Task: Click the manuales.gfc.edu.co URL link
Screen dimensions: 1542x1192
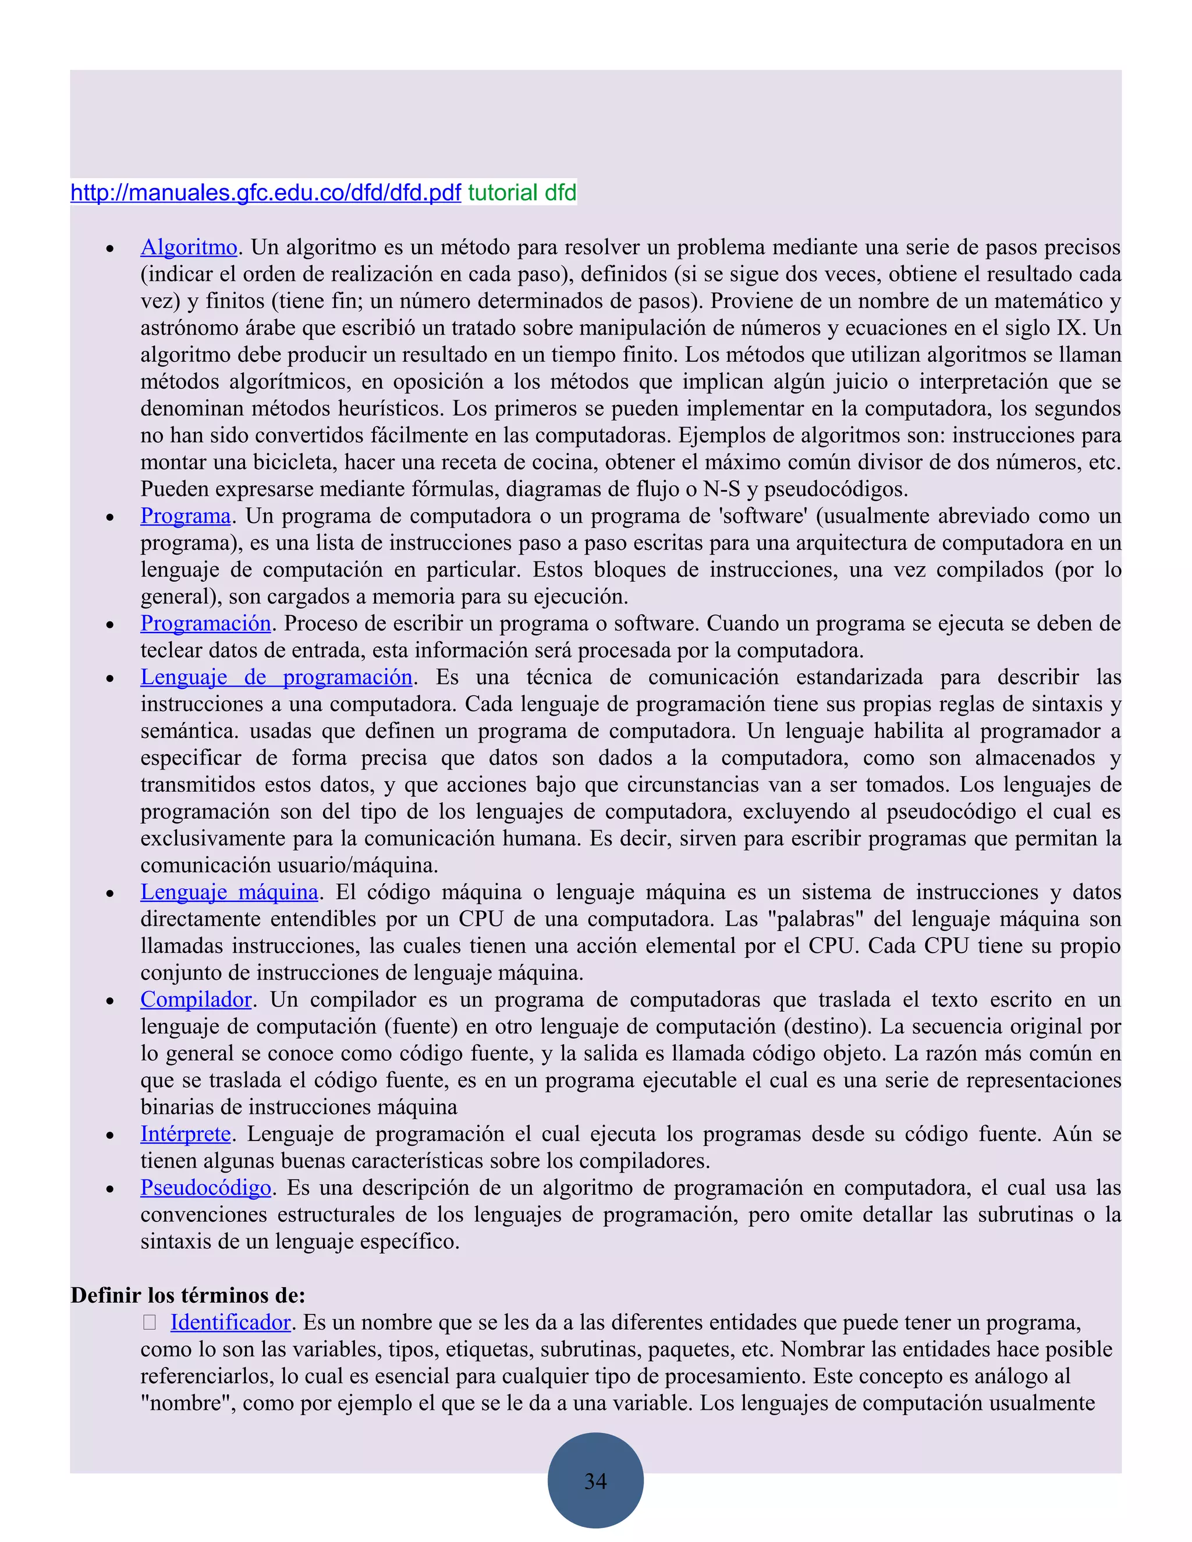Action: tap(265, 192)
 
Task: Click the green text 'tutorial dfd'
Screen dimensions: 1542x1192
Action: tap(522, 192)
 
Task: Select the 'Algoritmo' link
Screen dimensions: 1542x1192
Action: tap(189, 247)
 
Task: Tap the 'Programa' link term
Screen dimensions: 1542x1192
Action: tap(185, 516)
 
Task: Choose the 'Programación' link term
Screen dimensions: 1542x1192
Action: tap(205, 623)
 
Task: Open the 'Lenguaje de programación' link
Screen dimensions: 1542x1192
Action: tap(276, 677)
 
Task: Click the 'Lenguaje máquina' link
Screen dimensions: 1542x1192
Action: tap(229, 893)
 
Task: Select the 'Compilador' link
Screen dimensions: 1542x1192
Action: tap(196, 1000)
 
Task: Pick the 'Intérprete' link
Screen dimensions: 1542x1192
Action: tap(185, 1134)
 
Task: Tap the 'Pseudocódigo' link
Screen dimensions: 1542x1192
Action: tap(205, 1188)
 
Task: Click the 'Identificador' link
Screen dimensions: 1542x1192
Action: tap(230, 1323)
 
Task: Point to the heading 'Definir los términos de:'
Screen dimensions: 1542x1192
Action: tap(188, 1296)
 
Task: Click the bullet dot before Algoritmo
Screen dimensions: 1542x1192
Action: tap(110, 249)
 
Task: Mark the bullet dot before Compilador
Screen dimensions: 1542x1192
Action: tap(110, 1002)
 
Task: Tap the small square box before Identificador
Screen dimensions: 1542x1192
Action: tap(149, 1323)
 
